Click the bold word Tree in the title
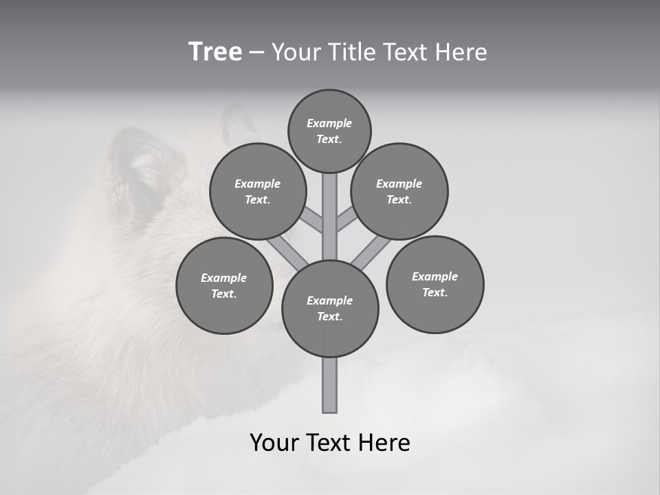point(215,52)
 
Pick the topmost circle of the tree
point(329,131)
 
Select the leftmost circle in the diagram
point(224,285)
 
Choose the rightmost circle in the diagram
point(434,284)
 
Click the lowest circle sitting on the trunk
point(330,308)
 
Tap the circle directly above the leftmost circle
point(257,191)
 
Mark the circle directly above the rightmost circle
point(399,191)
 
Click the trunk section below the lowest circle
point(330,385)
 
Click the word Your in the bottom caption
point(274,443)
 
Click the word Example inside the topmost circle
point(329,123)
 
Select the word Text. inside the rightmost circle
point(434,292)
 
